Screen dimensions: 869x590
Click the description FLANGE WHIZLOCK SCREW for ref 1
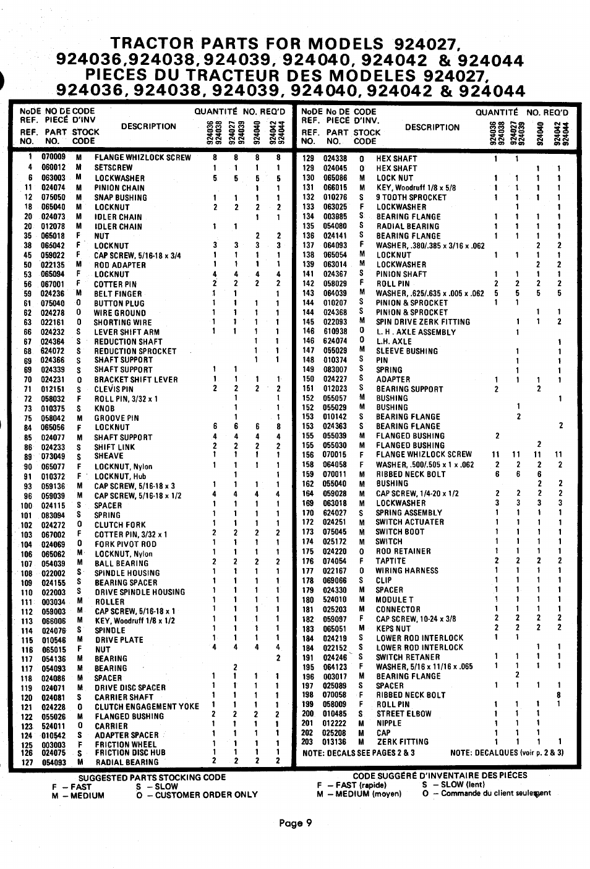point(142,158)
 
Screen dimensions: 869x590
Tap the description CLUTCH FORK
point(120,525)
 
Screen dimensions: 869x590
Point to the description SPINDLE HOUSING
point(127,573)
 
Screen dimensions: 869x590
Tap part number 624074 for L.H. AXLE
point(335,341)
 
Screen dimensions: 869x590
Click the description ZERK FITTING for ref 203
point(402,742)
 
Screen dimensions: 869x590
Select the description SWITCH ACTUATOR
point(409,522)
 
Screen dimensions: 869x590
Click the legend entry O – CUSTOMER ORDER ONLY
point(197,795)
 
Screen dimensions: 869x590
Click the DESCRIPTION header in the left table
point(148,127)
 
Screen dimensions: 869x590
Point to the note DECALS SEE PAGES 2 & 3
point(359,753)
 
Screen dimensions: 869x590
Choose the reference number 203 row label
point(307,742)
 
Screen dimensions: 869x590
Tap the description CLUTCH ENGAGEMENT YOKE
point(147,706)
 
